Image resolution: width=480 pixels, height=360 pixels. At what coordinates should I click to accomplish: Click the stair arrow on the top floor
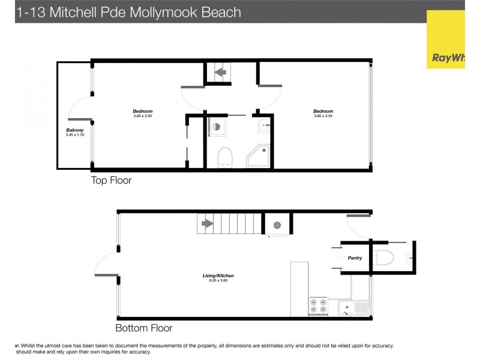[219, 73]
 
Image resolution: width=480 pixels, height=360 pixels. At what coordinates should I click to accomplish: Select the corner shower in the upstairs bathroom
[259, 156]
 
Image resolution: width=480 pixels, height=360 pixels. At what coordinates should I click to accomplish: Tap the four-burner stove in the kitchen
[319, 307]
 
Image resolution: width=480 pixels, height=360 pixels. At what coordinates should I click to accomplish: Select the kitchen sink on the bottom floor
[353, 308]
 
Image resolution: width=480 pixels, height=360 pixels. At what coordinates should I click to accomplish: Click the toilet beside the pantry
[383, 258]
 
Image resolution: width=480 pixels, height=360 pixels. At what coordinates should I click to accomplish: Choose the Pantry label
[354, 258]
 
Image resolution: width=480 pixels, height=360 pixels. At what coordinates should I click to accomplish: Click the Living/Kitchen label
[218, 275]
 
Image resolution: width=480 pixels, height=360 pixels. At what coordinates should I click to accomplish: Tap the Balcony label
[74, 130]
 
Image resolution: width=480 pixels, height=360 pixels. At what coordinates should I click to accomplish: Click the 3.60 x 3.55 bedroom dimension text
[323, 116]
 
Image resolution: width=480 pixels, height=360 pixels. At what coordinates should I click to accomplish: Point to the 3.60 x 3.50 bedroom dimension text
[143, 116]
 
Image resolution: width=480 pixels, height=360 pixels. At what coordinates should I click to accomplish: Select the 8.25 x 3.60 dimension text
[218, 280]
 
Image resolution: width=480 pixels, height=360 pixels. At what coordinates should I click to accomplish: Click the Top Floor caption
[111, 180]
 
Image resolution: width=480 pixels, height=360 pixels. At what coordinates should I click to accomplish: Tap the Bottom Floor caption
[143, 328]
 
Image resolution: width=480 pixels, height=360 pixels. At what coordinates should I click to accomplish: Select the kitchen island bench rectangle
[299, 289]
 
